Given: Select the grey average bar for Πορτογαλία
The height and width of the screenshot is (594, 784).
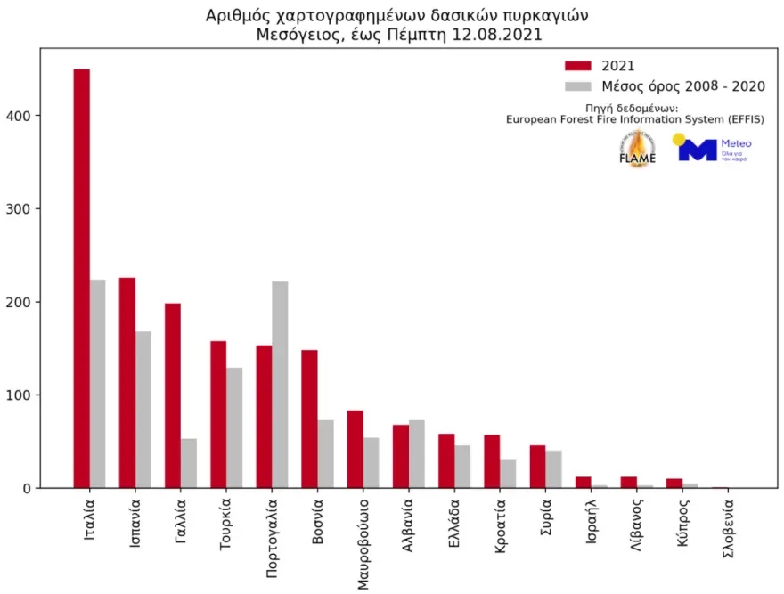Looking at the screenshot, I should coord(280,385).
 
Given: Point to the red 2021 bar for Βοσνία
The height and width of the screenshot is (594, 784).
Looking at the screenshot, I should coord(309,419).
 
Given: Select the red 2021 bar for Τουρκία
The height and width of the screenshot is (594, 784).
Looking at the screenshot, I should coord(218,414).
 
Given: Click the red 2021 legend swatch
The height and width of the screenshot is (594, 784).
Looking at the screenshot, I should coord(579,65).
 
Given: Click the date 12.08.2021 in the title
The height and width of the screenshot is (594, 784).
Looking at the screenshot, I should coord(497,36).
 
